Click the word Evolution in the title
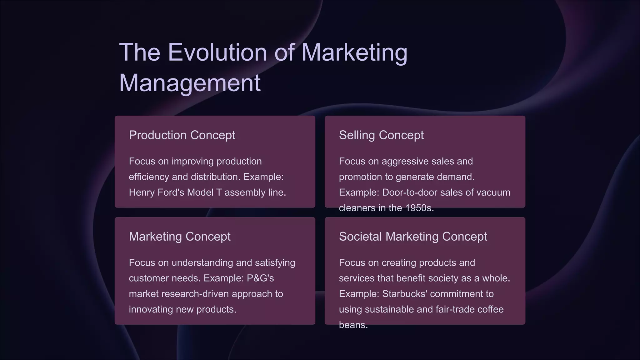[217, 52]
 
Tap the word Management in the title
[190, 83]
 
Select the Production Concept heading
[182, 135]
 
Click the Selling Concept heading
[381, 135]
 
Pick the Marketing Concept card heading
[180, 237]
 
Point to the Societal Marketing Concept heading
[413, 237]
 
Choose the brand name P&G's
[260, 278]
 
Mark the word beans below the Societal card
[353, 325]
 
